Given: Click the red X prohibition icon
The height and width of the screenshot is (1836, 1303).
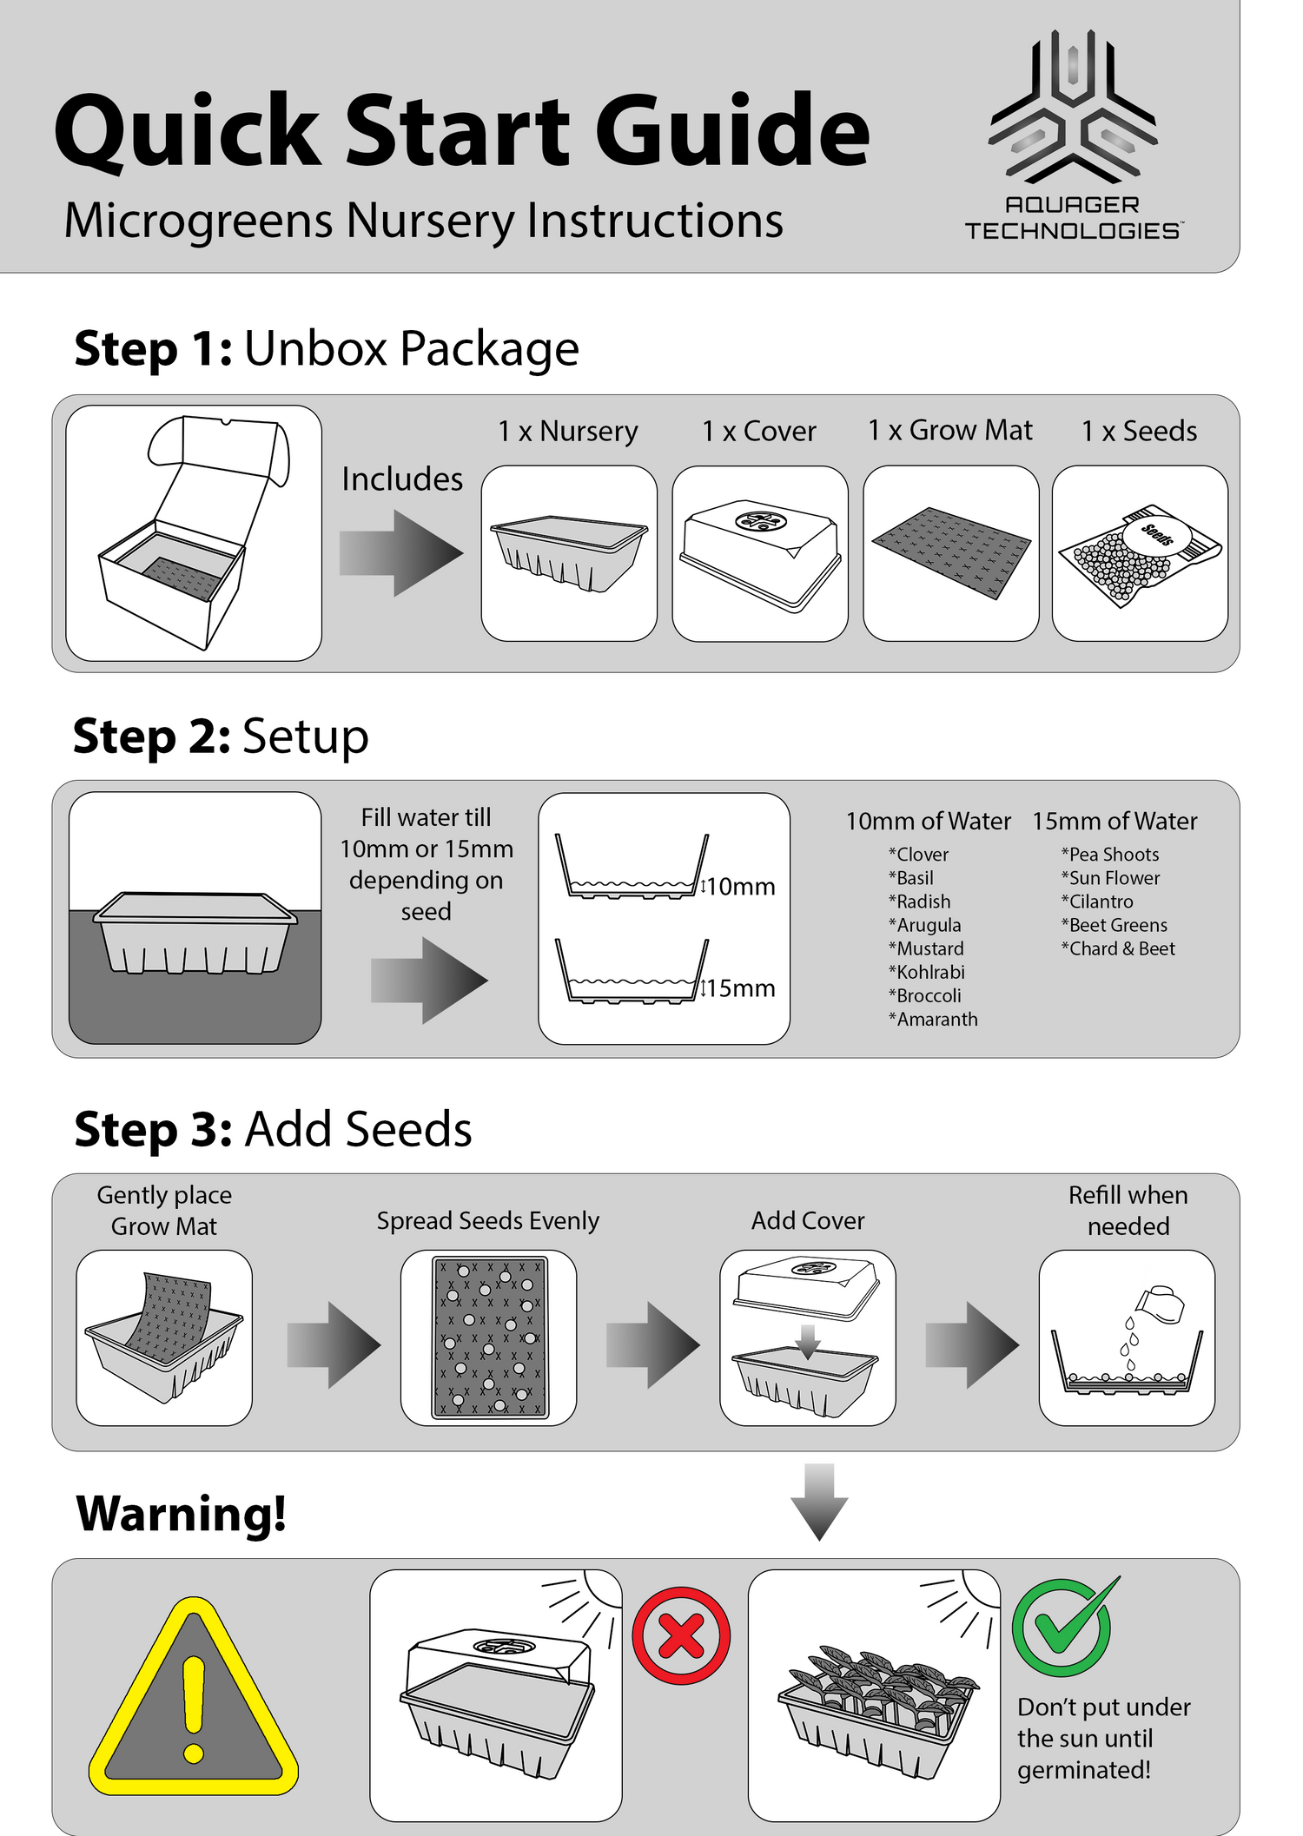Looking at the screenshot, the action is coord(681,1636).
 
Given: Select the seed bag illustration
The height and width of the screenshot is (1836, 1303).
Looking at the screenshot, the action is coord(1140,555).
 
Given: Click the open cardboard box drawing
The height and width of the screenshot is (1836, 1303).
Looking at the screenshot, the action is coord(194,532).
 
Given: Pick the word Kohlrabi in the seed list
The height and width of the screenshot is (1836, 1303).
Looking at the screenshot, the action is coord(930,972).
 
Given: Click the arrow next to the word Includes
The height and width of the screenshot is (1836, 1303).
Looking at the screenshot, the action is coord(401,552).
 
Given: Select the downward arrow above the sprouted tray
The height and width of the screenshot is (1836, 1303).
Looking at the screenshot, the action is coord(819,1502).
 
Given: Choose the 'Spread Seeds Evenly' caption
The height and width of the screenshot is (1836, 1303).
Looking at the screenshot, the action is coord(488,1221).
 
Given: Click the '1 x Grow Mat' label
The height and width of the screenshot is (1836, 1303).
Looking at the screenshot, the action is coord(950,430).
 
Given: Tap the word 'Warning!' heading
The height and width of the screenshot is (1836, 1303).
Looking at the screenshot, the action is coord(182,1514).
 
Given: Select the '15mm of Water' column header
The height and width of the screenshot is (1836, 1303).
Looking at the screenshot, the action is coord(1114,821).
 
